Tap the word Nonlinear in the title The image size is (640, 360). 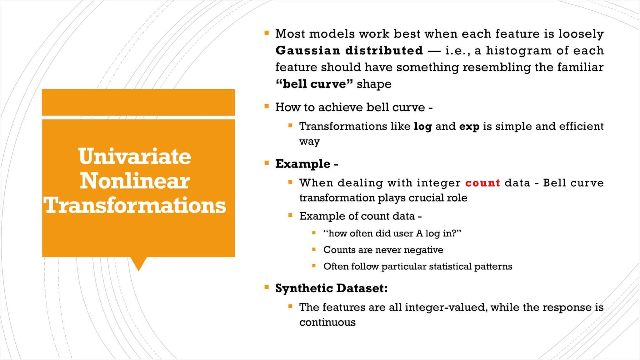coord(135,181)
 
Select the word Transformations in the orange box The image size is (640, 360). coord(135,206)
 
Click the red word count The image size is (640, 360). coord(482,183)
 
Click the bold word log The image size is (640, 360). coord(423,127)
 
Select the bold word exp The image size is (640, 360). coord(469,127)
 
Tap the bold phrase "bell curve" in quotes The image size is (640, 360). coord(314,84)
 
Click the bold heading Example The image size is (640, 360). coord(302,164)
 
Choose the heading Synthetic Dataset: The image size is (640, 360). coord(331,288)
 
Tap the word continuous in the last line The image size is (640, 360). coord(327,322)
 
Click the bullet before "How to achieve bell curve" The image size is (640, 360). coord(267,106)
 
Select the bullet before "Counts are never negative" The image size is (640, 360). coord(314,249)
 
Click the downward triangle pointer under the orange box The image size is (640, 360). coord(138,263)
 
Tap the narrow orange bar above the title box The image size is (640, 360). coord(138,102)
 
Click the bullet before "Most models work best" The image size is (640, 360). coord(267,32)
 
